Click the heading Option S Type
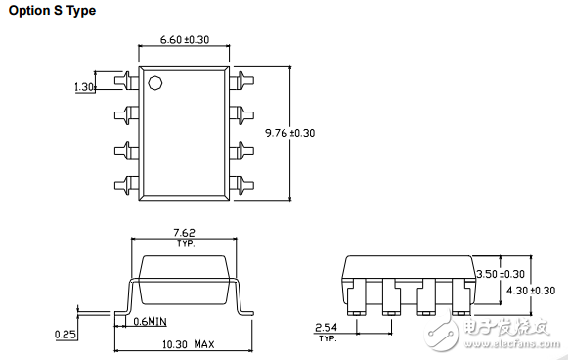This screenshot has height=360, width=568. pyautogui.click(x=52, y=11)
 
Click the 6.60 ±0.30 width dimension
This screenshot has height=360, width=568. pyautogui.click(x=185, y=39)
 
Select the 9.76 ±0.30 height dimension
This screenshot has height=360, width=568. pyautogui.click(x=289, y=133)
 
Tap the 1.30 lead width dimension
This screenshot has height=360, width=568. pyautogui.click(x=84, y=87)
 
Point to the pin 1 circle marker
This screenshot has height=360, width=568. pyautogui.click(x=155, y=83)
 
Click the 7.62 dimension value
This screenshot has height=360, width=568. pyautogui.click(x=184, y=233)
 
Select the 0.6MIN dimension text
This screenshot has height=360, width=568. pyautogui.click(x=150, y=321)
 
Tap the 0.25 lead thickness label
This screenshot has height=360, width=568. pyautogui.click(x=66, y=334)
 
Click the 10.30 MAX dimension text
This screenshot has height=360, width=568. pyautogui.click(x=188, y=344)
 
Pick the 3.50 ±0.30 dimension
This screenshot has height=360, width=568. pyautogui.click(x=501, y=274)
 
